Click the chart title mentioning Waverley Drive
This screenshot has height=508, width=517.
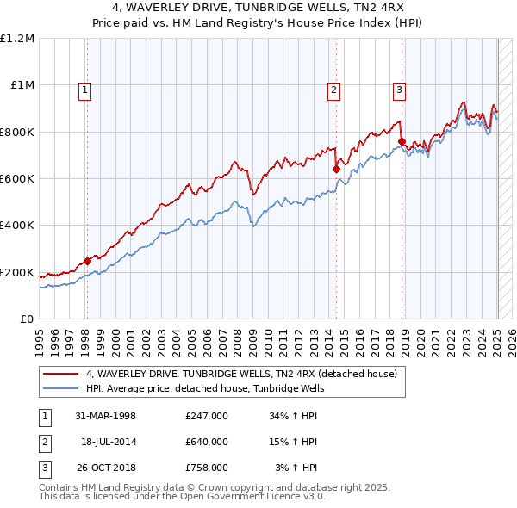click(258, 9)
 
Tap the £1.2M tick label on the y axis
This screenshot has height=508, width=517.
click(17, 39)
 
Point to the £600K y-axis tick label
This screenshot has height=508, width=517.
click(17, 179)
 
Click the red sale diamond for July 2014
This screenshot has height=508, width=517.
click(336, 170)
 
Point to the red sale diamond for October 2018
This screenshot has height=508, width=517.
click(402, 142)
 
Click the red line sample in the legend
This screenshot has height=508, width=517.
click(61, 374)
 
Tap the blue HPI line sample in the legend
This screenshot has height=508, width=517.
click(61, 388)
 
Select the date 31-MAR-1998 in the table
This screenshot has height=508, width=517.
click(105, 416)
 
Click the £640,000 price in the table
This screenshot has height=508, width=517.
click(207, 442)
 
